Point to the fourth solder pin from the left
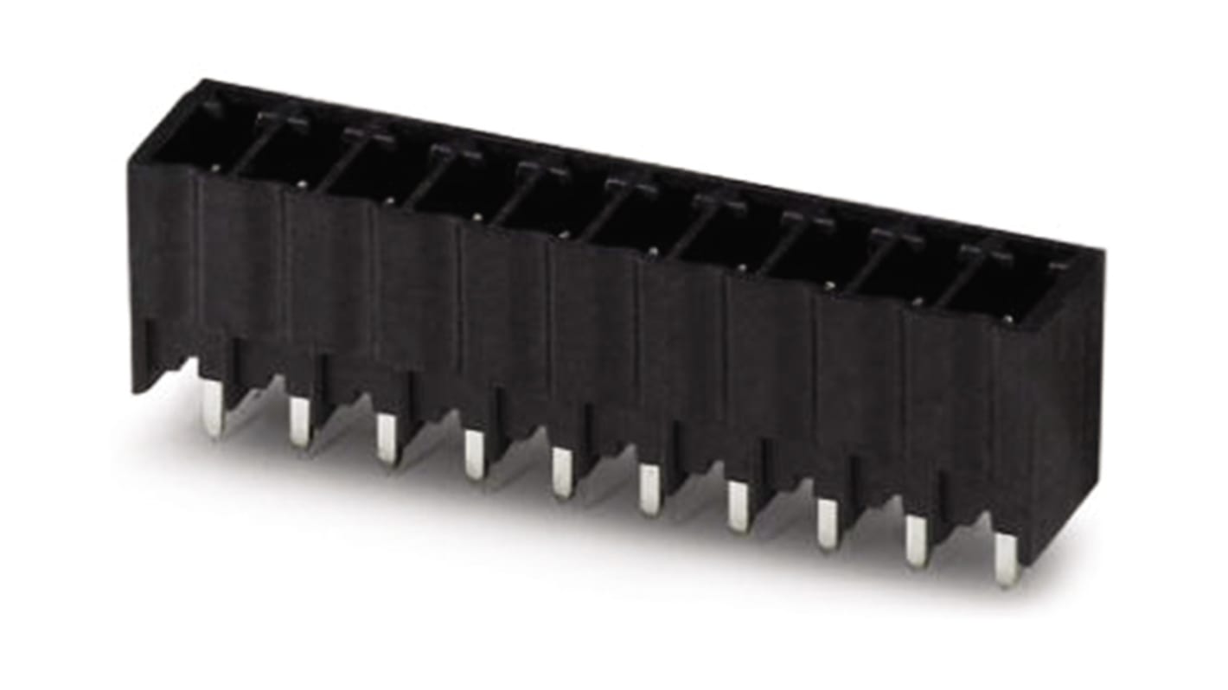coord(474,454)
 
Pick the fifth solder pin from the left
coord(562,472)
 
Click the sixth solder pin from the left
coord(649,489)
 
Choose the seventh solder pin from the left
coord(738,506)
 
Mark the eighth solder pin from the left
coord(828,524)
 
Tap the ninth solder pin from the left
coord(917,542)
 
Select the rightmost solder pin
coord(1006,559)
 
